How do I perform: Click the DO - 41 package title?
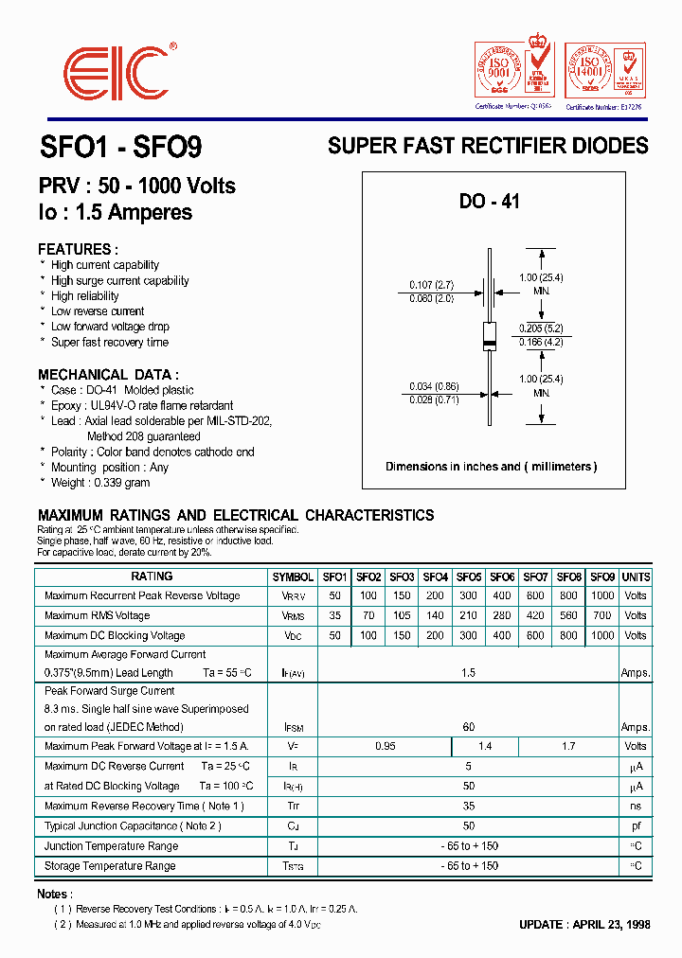[x=489, y=202]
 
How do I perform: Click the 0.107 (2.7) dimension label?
[x=432, y=284]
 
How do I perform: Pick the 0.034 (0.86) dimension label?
[x=433, y=386]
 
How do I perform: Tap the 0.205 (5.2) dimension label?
[x=541, y=327]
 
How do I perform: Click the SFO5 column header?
[x=469, y=577]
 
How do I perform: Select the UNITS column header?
[x=636, y=577]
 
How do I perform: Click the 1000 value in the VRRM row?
[x=601, y=596]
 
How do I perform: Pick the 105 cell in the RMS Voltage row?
[x=402, y=616]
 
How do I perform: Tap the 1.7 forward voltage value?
[x=568, y=747]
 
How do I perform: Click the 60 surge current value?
[x=468, y=727]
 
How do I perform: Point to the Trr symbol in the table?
[x=293, y=807]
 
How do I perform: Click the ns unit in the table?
[x=636, y=807]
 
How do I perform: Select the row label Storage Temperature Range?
[x=110, y=866]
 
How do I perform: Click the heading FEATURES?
[x=78, y=250]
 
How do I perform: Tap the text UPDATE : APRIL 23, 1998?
[x=584, y=925]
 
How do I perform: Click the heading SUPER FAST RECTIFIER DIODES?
[x=488, y=146]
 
